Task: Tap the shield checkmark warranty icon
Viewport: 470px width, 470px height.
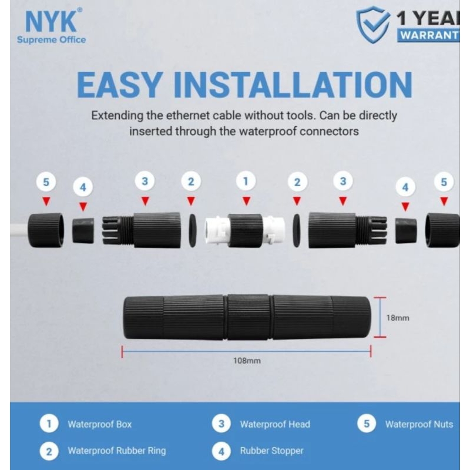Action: pyautogui.click(x=373, y=25)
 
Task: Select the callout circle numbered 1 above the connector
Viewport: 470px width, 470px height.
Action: pyautogui.click(x=246, y=181)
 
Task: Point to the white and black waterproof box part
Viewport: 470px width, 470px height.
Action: pyautogui.click(x=245, y=230)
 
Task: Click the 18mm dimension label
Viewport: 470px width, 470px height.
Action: pyautogui.click(x=398, y=318)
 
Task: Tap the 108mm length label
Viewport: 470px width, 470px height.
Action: pyautogui.click(x=247, y=361)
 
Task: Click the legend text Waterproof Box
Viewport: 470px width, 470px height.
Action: pyautogui.click(x=99, y=424)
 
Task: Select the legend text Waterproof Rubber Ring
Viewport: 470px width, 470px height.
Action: pyautogui.click(x=116, y=451)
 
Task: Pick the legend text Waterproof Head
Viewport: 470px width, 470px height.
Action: pyautogui.click(x=275, y=424)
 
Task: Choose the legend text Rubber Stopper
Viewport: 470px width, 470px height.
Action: pyautogui.click(x=271, y=451)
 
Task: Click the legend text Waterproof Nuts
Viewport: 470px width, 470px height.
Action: pyautogui.click(x=419, y=424)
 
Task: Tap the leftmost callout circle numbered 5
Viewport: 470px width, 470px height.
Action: pyautogui.click(x=46, y=182)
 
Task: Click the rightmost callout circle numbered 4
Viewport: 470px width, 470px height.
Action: pyautogui.click(x=405, y=187)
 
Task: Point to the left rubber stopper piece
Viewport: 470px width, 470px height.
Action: pyautogui.click(x=83, y=230)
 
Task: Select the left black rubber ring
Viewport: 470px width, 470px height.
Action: pyautogui.click(x=192, y=230)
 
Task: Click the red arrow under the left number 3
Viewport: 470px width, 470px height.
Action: pyautogui.click(x=145, y=200)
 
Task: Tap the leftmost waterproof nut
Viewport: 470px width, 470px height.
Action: pyautogui.click(x=46, y=230)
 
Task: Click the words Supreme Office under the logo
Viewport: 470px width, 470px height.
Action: pyautogui.click(x=51, y=40)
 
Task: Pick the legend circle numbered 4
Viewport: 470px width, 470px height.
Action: pyautogui.click(x=221, y=451)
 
